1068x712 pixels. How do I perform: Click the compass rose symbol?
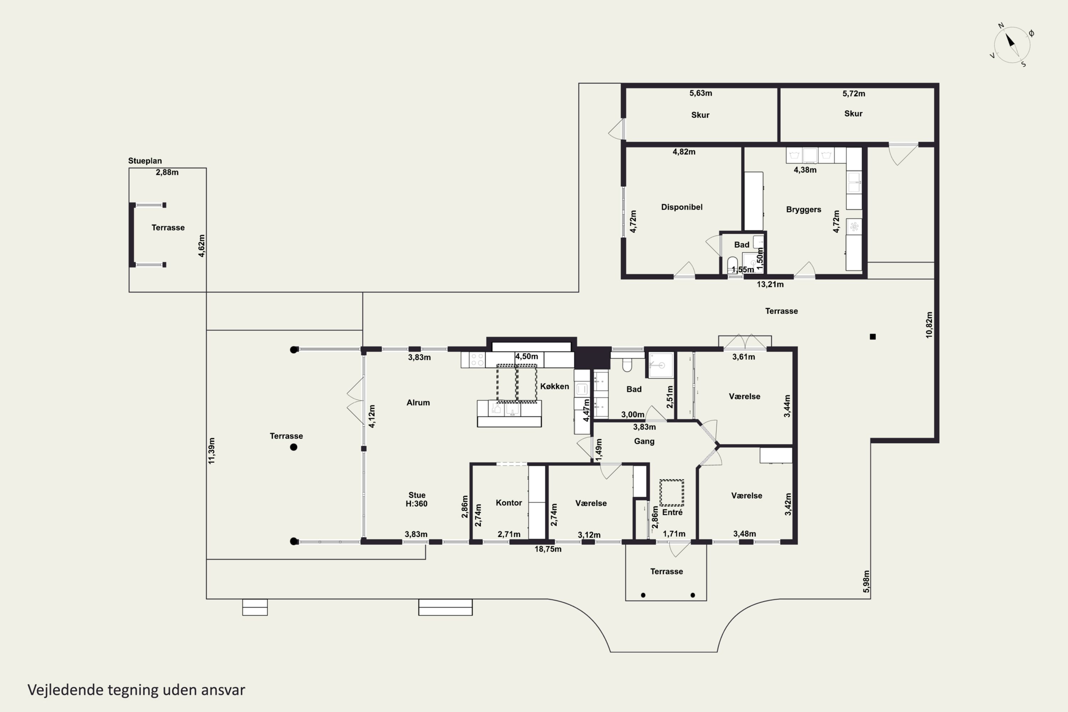coord(1012,44)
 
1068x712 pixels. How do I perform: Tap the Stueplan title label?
coord(145,161)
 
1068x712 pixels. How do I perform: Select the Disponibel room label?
coord(682,207)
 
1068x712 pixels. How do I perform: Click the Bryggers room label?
coord(803,209)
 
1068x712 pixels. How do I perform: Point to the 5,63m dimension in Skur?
coord(701,93)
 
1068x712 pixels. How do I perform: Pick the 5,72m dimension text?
coord(854,94)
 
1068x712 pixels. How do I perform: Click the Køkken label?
coord(554,386)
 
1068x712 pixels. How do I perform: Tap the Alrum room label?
coord(418,402)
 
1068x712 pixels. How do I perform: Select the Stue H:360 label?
coord(417,499)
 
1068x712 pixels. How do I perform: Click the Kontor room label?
coord(509,503)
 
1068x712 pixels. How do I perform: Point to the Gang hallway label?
coord(644,441)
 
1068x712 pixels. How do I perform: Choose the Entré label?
coord(672,512)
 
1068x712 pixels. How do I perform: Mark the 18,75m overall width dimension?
coord(548,549)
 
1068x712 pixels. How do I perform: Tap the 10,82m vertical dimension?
coord(929,325)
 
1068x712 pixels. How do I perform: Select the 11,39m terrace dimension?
coord(211,451)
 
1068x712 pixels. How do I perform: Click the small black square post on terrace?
coord(872,336)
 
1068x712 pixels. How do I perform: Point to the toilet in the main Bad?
coord(627,364)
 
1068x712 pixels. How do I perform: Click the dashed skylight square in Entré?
coord(671,493)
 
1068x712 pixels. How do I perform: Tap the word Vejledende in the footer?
coord(66,690)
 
